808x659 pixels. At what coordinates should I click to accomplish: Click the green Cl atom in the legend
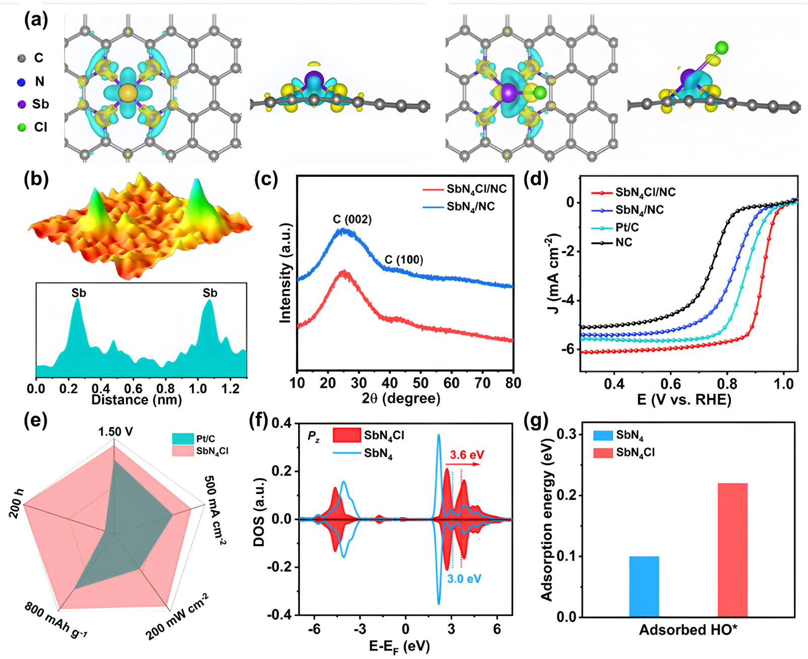pyautogui.click(x=22, y=127)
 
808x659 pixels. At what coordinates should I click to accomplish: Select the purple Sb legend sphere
pyautogui.click(x=22, y=104)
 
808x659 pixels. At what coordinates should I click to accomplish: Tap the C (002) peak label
pyautogui.click(x=352, y=219)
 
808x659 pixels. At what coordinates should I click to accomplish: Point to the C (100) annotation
pyautogui.click(x=404, y=260)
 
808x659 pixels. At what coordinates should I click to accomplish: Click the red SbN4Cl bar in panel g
pyautogui.click(x=732, y=550)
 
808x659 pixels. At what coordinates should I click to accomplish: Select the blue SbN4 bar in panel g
pyautogui.click(x=644, y=587)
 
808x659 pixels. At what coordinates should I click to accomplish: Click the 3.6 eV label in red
pyautogui.click(x=467, y=455)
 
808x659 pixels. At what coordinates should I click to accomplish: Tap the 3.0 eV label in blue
pyautogui.click(x=464, y=579)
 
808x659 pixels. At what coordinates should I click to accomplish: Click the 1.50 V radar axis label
pyautogui.click(x=116, y=431)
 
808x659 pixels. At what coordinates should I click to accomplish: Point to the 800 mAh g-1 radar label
pyautogui.click(x=56, y=620)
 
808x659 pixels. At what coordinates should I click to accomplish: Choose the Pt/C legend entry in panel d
pyautogui.click(x=627, y=228)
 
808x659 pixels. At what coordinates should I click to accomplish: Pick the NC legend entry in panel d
pyautogui.click(x=624, y=243)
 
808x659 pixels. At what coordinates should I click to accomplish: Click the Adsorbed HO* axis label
pyautogui.click(x=688, y=630)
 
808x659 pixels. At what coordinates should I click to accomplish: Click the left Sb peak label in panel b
pyautogui.click(x=79, y=293)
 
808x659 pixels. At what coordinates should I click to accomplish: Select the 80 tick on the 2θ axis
pyautogui.click(x=513, y=383)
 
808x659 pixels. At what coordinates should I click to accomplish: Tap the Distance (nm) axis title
pyautogui.click(x=136, y=400)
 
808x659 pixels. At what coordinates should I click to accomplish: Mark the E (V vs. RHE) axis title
pyautogui.click(x=684, y=400)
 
